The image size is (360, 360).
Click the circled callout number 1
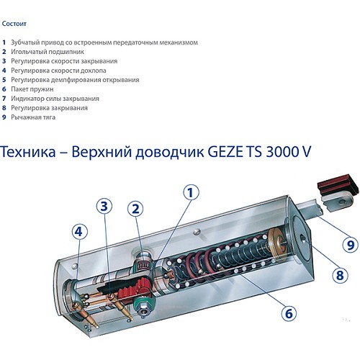click(x=190, y=192)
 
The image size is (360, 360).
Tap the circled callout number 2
click(x=135, y=210)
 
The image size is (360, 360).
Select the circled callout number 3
click(x=104, y=206)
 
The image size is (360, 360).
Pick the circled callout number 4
click(x=80, y=232)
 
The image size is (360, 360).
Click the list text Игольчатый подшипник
click(x=45, y=52)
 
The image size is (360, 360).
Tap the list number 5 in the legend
click(x=4, y=80)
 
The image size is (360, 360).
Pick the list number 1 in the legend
click(x=4, y=42)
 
